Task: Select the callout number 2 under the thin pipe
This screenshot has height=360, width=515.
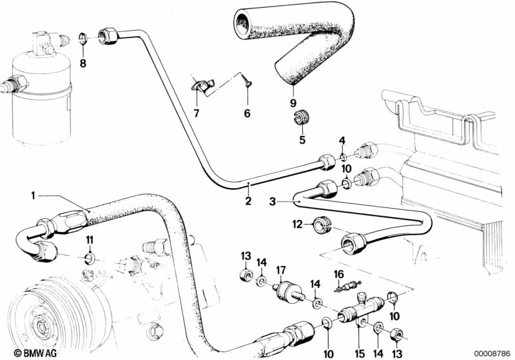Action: coord(248,202)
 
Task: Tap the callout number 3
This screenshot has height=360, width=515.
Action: coord(273,202)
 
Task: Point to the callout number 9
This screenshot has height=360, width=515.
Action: coord(293,103)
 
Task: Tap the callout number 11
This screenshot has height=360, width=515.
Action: coord(90,240)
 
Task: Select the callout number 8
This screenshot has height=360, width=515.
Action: coord(83,62)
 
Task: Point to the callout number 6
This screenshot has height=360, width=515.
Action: coord(246,114)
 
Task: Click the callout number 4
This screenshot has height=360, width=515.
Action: coord(342,141)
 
